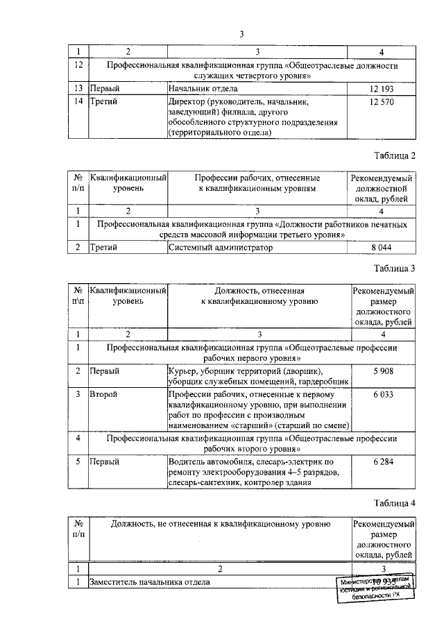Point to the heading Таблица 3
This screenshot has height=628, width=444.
point(394,268)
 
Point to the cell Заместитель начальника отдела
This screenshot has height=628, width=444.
point(149,582)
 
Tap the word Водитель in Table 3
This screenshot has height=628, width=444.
point(188,461)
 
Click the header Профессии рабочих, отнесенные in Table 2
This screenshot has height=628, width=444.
point(257,176)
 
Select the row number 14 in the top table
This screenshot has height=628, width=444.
point(79,102)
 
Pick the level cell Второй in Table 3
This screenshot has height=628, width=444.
point(103,394)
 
